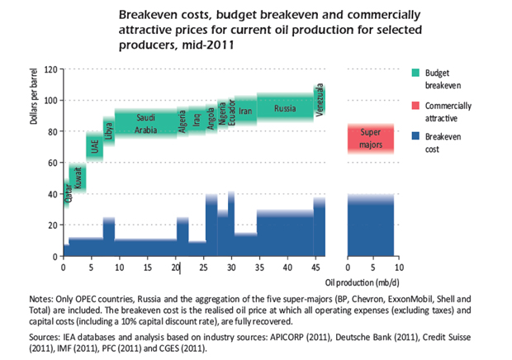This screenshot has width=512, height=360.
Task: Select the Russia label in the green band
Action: tap(285, 109)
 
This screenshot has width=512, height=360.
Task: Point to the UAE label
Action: tap(95, 146)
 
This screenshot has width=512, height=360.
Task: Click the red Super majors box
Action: tap(372, 139)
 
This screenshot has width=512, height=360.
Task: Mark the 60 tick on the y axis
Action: tap(52, 163)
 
